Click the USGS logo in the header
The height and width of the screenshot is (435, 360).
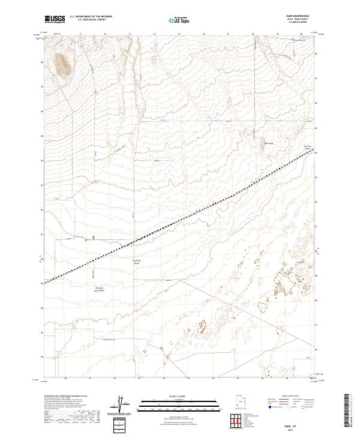click(55, 19)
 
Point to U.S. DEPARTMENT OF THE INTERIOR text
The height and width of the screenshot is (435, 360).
click(91, 17)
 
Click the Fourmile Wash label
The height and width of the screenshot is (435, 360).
click(307, 146)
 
